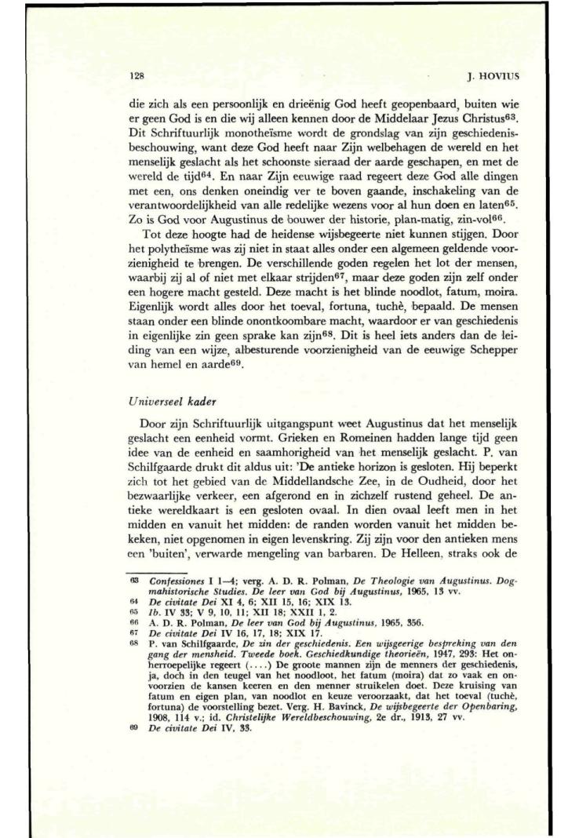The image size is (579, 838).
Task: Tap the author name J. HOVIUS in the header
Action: (443, 78)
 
